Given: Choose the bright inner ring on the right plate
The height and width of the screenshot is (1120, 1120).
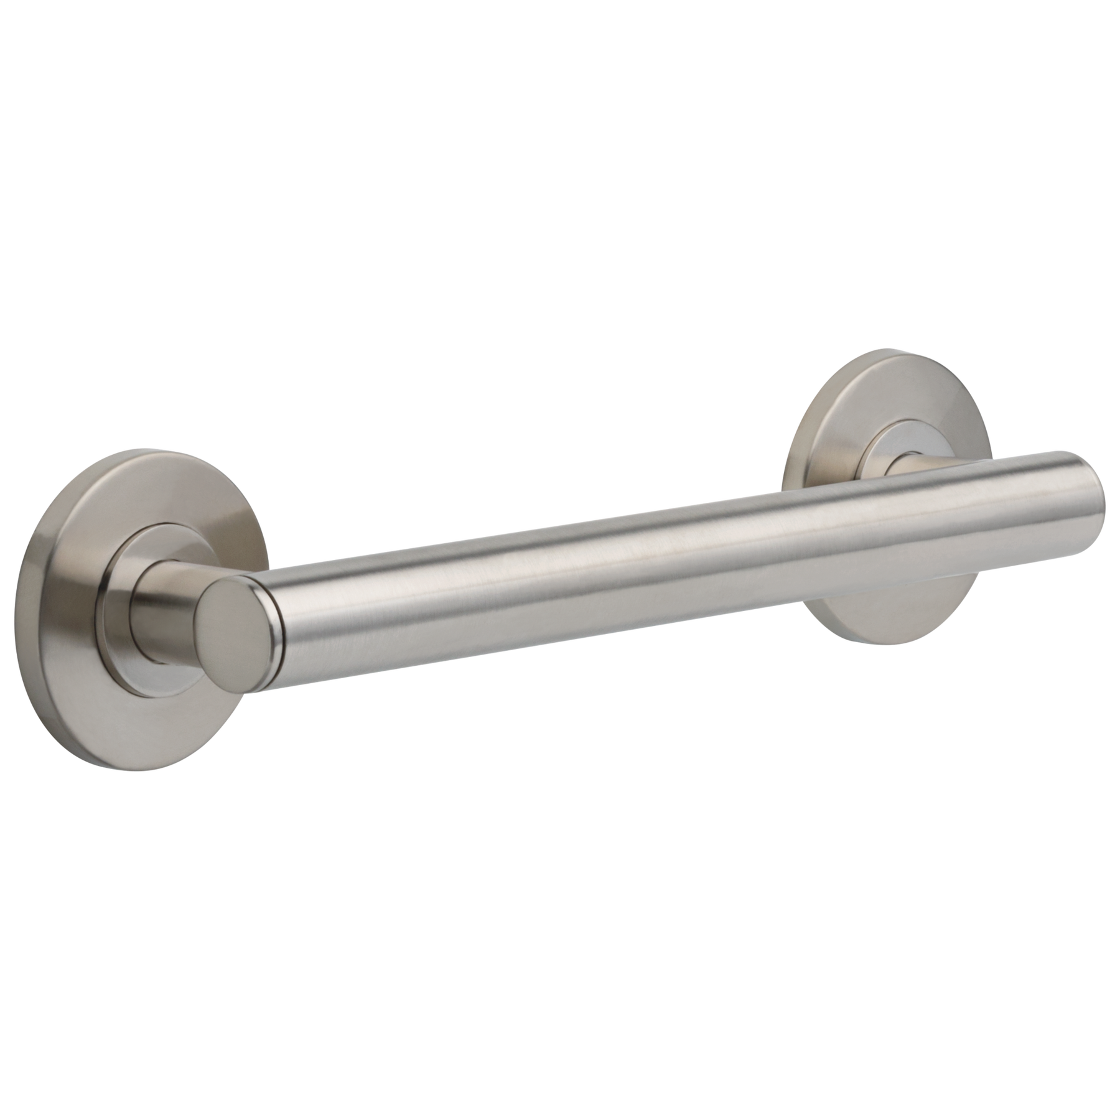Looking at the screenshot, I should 880,439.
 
